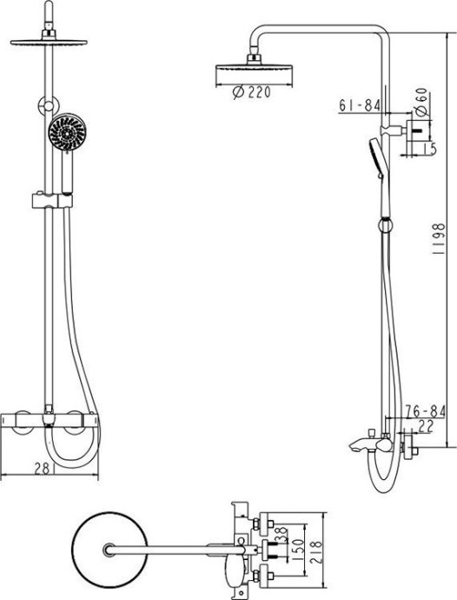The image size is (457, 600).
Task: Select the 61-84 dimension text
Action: (358, 105)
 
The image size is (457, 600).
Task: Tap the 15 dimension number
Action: (430, 149)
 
